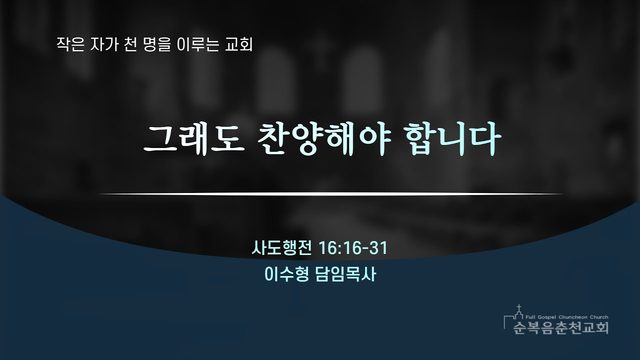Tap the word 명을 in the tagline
[x=157, y=44]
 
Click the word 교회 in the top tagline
[x=239, y=44]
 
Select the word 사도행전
[x=282, y=248]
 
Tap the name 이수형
[x=287, y=274]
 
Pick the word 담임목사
[x=345, y=274]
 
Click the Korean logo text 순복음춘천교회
[x=561, y=327]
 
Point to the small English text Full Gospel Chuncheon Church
[x=567, y=317]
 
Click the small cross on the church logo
[x=519, y=307]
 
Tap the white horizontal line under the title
[x=331, y=194]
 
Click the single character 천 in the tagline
[x=130, y=44]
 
